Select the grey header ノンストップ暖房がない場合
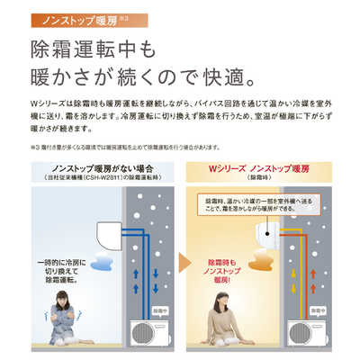pyautogui.click(x=95, y=171)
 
